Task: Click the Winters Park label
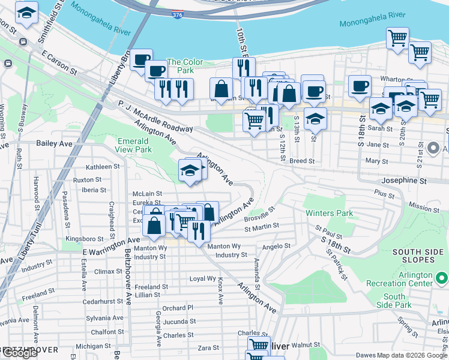click(x=328, y=213)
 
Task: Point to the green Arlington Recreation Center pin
click(x=442, y=278)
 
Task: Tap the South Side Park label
click(x=394, y=301)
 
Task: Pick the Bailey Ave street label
click(x=54, y=143)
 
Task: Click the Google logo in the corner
click(x=19, y=353)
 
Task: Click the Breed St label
click(x=302, y=161)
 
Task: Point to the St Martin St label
click(x=262, y=227)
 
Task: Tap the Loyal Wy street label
click(x=202, y=279)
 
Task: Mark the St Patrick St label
click(x=336, y=263)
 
